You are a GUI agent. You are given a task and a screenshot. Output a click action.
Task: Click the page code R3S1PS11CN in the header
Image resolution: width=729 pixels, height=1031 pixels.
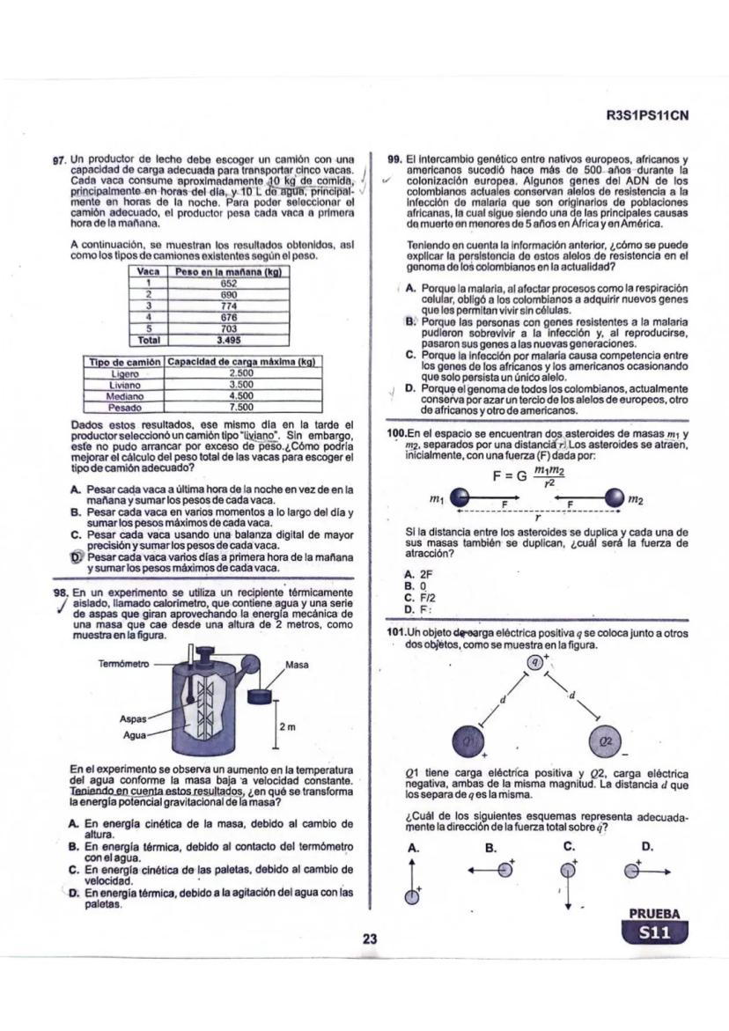point(646,114)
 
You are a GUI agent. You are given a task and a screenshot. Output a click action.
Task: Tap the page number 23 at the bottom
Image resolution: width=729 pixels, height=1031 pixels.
point(370,939)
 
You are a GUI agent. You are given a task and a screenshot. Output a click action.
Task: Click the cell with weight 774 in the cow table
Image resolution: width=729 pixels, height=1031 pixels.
point(229,305)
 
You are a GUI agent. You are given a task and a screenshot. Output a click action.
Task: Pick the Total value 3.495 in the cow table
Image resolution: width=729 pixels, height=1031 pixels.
point(229,338)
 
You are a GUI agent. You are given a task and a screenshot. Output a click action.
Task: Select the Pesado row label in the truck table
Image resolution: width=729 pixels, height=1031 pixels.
point(125,408)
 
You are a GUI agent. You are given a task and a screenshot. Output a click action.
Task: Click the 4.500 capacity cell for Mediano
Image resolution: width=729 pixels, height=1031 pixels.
point(241,396)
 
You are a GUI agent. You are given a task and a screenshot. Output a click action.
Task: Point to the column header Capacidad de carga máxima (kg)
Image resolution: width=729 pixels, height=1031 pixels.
point(241,362)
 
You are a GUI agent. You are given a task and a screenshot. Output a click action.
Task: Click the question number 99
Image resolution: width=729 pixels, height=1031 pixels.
point(395,158)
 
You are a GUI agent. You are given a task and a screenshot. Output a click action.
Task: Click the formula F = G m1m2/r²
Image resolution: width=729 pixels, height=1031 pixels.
point(529,476)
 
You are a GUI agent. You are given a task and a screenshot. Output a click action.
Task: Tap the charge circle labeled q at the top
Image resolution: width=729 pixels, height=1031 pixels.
point(534,662)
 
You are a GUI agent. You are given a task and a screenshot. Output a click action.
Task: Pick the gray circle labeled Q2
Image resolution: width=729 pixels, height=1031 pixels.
point(605,741)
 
